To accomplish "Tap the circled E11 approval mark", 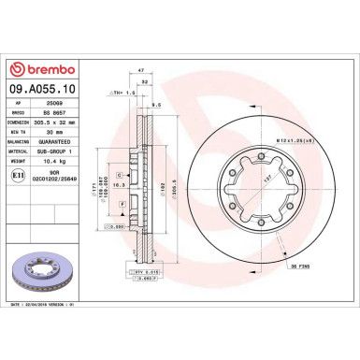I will [22, 173].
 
